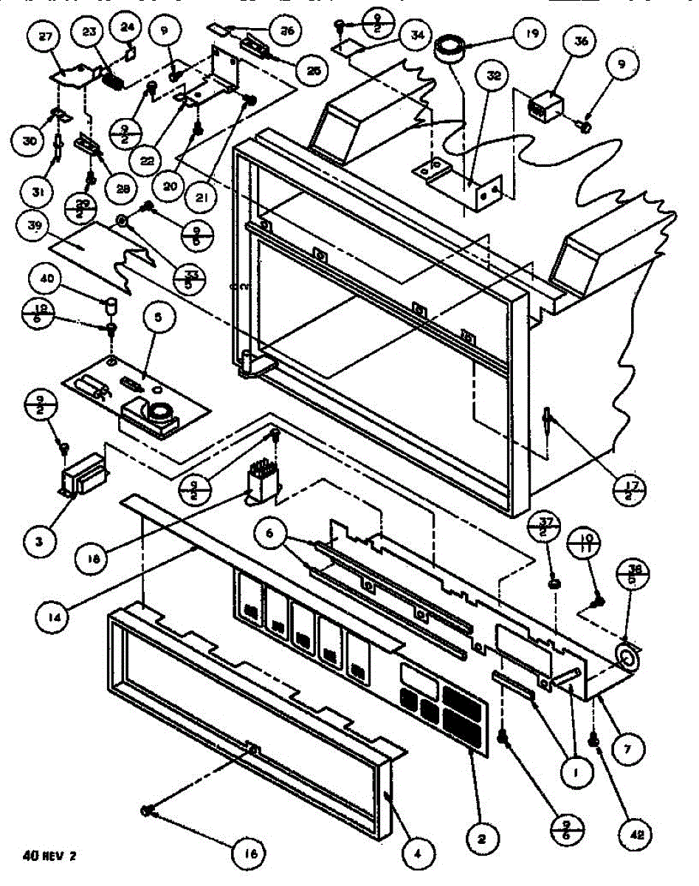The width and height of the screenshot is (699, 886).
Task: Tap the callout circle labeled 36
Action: (581, 43)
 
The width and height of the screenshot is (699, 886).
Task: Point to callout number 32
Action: (493, 75)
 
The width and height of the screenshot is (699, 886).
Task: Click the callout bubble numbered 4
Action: (418, 854)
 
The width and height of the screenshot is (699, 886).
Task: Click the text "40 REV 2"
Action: (54, 856)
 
